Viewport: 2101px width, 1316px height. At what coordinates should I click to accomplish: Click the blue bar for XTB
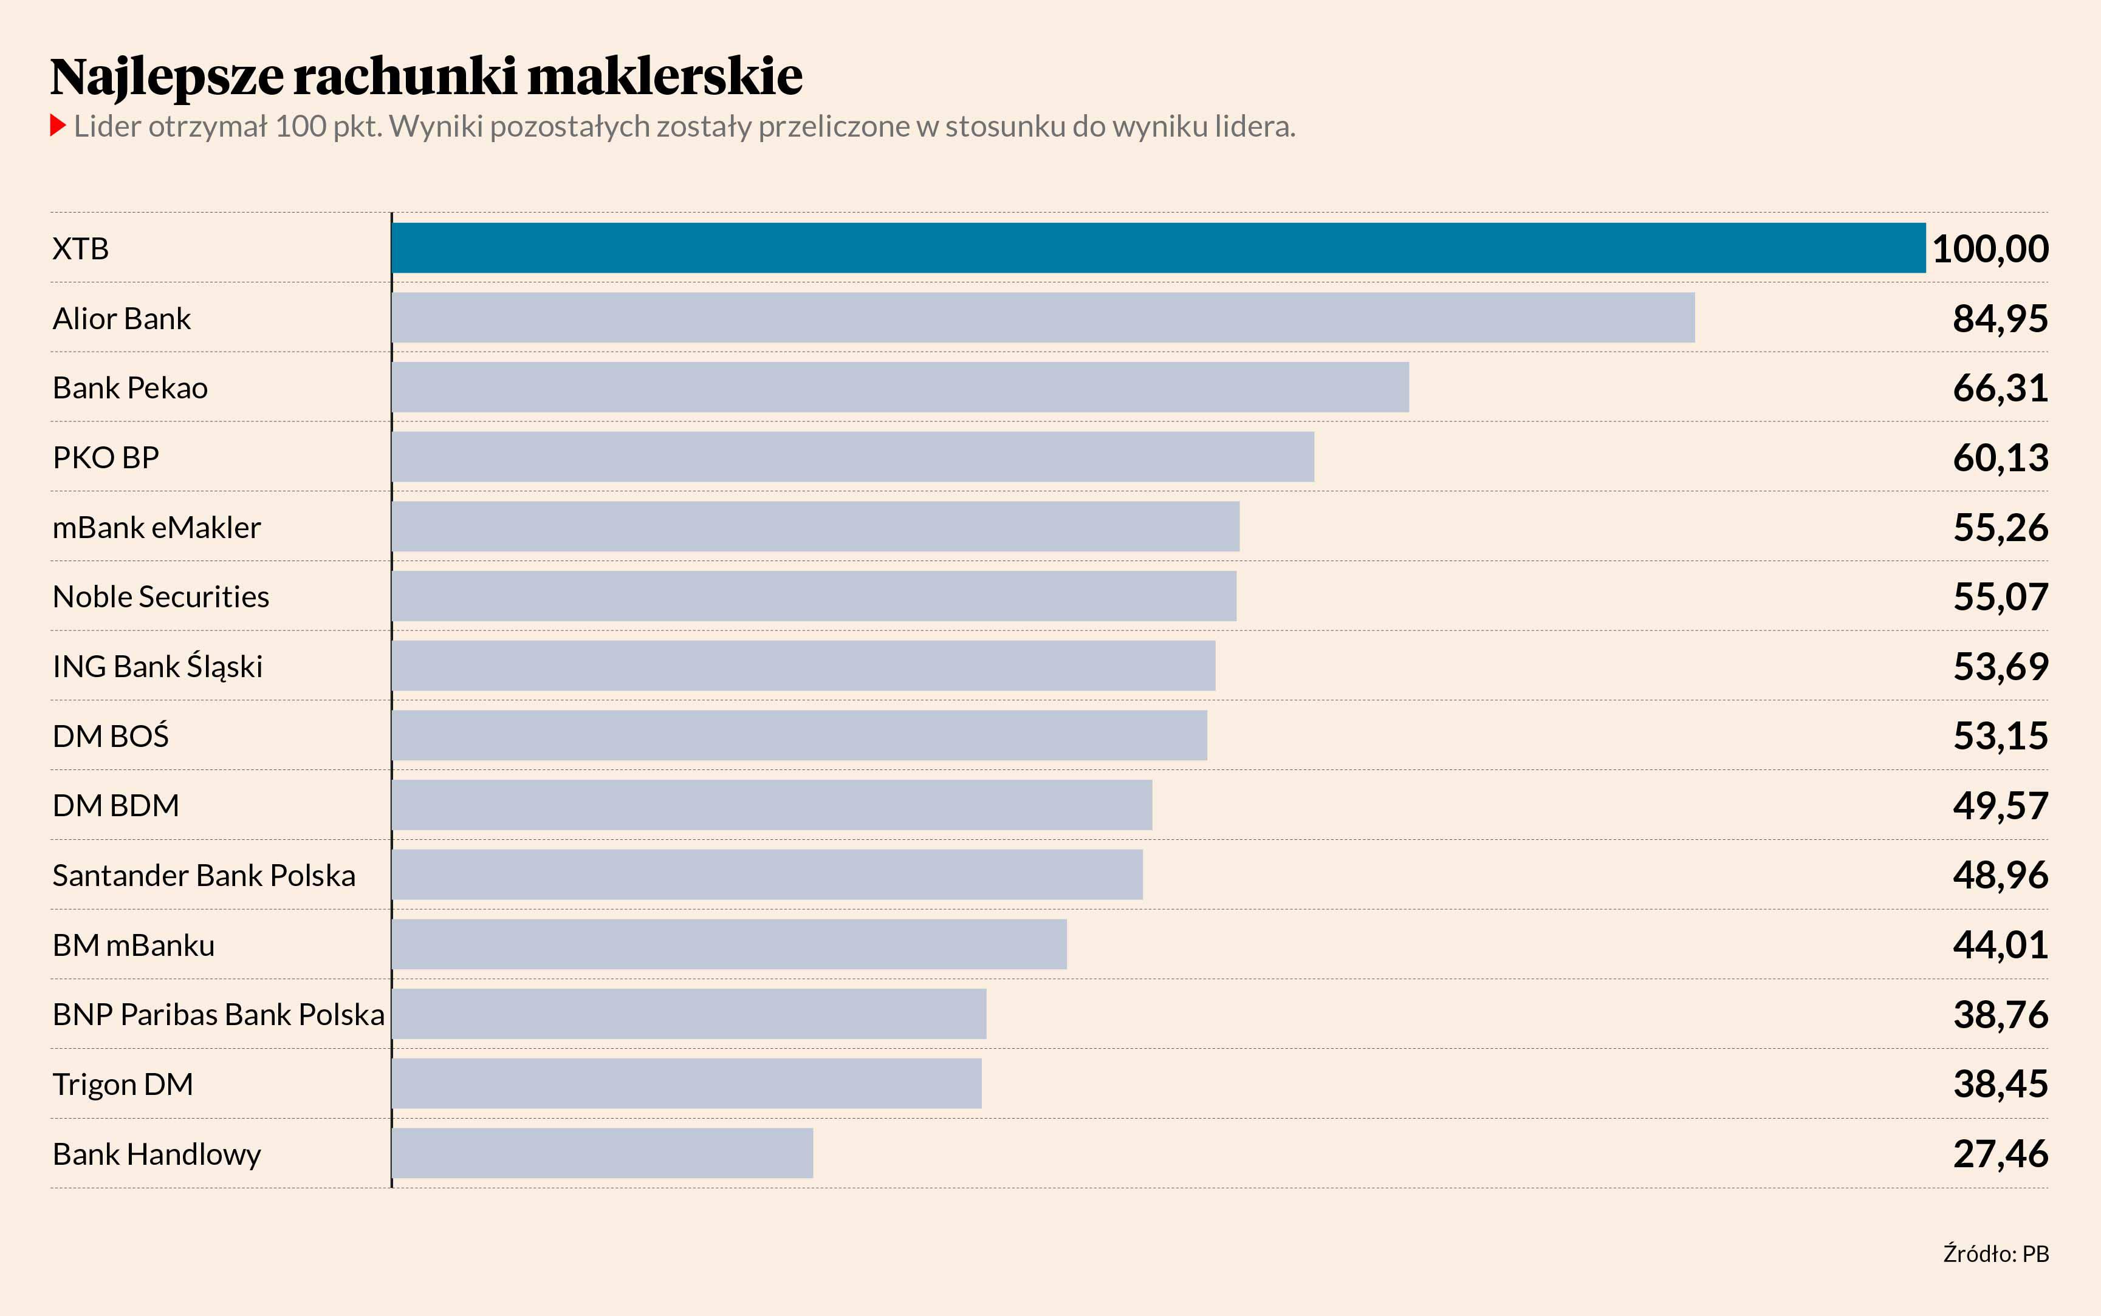point(1158,248)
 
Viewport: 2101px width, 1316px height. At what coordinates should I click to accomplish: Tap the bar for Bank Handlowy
point(603,1153)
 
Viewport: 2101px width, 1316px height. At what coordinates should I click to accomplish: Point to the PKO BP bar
point(853,457)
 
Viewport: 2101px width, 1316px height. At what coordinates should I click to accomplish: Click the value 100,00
point(1990,249)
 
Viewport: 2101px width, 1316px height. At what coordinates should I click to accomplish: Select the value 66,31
point(2000,388)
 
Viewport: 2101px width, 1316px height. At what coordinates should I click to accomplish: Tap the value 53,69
point(2000,667)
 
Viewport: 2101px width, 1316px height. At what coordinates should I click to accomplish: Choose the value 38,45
point(2000,1085)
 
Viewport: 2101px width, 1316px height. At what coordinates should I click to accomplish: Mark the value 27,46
point(2000,1154)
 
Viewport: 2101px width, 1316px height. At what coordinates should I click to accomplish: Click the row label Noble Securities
point(161,597)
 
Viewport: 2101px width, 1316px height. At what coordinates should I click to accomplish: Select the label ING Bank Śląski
point(157,667)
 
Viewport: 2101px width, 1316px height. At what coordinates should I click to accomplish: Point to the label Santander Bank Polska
point(204,876)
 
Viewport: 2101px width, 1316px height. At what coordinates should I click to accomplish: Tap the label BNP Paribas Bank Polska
point(219,1015)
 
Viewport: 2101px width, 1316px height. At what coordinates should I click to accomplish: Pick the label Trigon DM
point(123,1085)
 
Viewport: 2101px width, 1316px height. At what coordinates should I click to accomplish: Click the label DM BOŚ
point(111,736)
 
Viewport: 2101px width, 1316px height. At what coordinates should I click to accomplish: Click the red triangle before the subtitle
point(58,126)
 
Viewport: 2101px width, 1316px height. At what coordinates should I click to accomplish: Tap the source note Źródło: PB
point(1996,1254)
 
